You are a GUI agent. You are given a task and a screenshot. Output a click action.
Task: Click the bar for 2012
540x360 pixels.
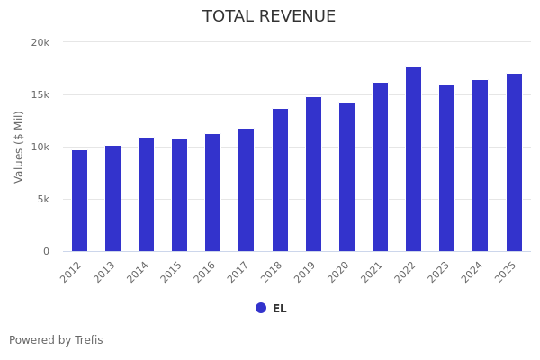coord(79,201)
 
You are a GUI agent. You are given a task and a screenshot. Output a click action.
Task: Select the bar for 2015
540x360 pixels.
coord(180,195)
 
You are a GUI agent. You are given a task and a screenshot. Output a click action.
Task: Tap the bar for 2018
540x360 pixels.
coord(280,180)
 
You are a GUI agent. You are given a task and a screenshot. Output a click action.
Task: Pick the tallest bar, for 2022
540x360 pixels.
coord(413,158)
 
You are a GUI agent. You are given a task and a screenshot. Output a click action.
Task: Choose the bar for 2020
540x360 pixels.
coord(346,176)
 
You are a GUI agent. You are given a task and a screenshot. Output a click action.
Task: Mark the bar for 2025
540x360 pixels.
coord(514,162)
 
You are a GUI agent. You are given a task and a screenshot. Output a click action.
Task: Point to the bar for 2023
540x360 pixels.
coord(446,168)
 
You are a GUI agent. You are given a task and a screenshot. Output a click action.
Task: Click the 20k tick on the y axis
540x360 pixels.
coord(40,42)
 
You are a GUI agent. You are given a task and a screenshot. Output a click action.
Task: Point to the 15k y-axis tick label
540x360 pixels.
coord(40,94)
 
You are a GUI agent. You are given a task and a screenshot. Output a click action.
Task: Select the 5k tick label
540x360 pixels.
coord(42,199)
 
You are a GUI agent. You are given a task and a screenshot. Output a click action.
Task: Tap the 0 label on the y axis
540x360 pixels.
coord(46,251)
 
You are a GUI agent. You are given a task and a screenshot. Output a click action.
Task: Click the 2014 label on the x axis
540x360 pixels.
coord(139,272)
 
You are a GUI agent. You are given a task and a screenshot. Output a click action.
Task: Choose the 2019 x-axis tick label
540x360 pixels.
coord(306,272)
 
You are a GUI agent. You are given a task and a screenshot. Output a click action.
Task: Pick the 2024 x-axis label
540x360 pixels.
coord(473,272)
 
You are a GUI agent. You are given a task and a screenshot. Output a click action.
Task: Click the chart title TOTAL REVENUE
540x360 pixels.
coord(269,17)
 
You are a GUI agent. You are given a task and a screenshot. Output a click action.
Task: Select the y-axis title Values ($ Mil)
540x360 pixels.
coord(19,147)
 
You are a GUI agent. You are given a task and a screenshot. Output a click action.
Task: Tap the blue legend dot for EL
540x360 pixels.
coord(261,308)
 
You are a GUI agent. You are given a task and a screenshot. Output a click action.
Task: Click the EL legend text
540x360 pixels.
coord(280,309)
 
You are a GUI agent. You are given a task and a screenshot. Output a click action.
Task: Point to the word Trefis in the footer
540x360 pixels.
coord(87,340)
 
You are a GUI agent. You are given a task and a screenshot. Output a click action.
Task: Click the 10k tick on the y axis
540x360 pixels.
coord(40,147)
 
